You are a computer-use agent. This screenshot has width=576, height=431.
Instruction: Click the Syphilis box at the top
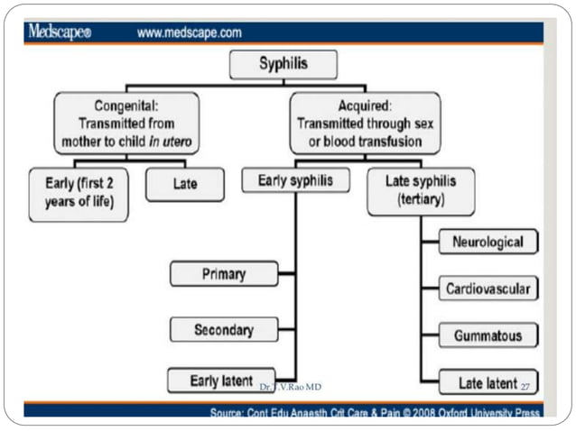point(283,66)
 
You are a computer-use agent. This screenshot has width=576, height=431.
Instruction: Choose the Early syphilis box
point(295,180)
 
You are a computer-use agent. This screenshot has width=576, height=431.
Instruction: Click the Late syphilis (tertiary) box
point(420,189)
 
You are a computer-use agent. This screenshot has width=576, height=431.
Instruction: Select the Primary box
point(224,273)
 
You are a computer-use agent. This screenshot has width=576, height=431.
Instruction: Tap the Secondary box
point(224,329)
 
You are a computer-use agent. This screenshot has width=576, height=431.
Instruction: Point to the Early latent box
point(220,380)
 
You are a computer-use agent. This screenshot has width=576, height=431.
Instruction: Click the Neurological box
point(488,243)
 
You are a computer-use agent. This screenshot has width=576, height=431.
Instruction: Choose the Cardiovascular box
point(488,289)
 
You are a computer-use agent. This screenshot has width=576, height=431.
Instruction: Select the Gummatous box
point(488,335)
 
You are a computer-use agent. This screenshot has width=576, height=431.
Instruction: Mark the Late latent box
point(488,383)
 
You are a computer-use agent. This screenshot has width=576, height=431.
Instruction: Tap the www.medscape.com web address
point(189,33)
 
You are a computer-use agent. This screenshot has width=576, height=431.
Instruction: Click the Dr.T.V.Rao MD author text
point(289,387)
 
